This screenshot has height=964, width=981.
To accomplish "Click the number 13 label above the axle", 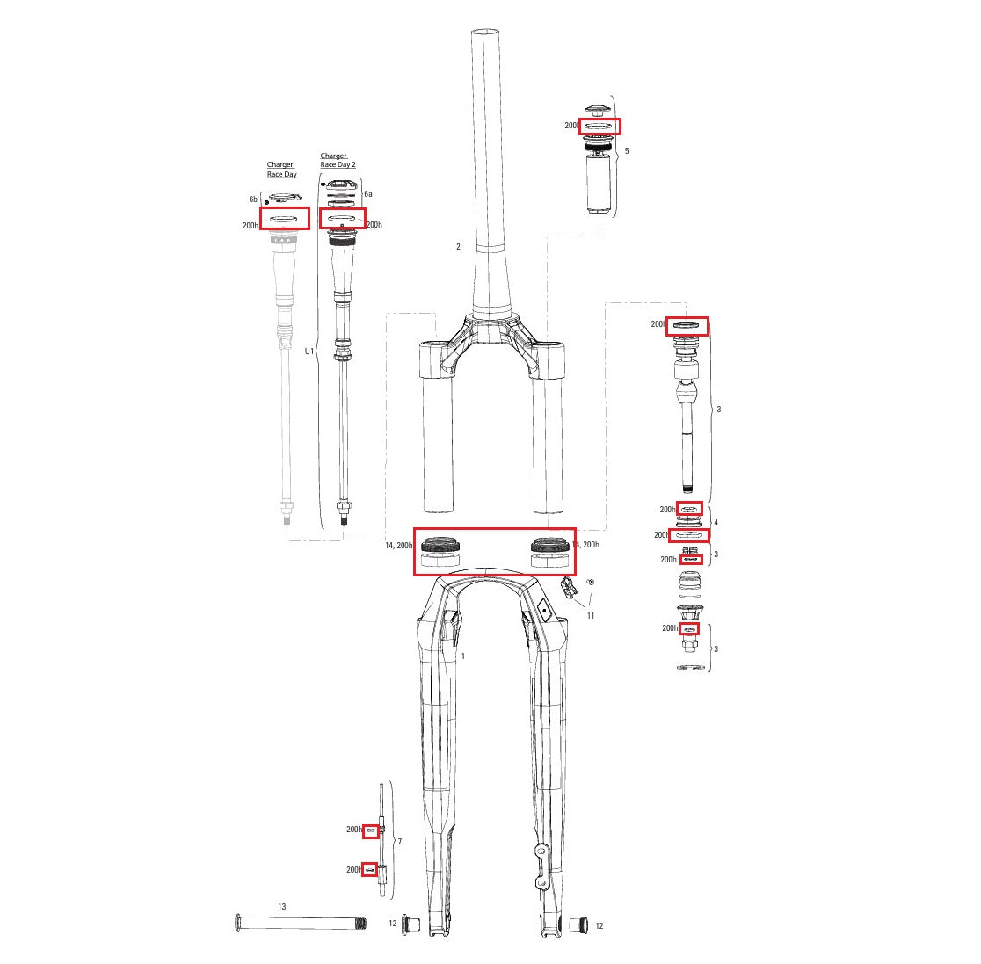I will click(x=281, y=906).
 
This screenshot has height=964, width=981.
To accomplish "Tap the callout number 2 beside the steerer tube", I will click(x=458, y=247).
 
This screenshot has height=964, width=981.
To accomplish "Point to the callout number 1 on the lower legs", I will click(x=463, y=656).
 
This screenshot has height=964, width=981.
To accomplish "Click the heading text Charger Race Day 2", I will click(x=338, y=160).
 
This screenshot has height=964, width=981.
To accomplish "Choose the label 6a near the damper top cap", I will click(x=368, y=193).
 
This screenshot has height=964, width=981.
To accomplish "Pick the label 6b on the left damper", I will click(x=253, y=199).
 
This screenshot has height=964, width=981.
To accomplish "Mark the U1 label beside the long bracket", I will click(x=309, y=351).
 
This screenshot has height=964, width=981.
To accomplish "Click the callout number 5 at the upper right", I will click(x=626, y=151).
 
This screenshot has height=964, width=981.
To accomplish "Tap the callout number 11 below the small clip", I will click(x=591, y=615).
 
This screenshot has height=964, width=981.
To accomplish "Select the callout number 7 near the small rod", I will click(x=399, y=842).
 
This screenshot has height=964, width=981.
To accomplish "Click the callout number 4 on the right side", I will click(x=716, y=523).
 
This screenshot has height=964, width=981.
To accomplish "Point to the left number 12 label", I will click(x=393, y=924).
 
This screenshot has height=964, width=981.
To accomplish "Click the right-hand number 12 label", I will click(x=599, y=926).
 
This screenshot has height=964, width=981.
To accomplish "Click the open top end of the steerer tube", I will click(x=488, y=33).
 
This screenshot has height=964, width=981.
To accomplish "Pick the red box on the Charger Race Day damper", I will click(x=285, y=218).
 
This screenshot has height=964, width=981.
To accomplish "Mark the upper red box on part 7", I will click(x=371, y=830).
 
